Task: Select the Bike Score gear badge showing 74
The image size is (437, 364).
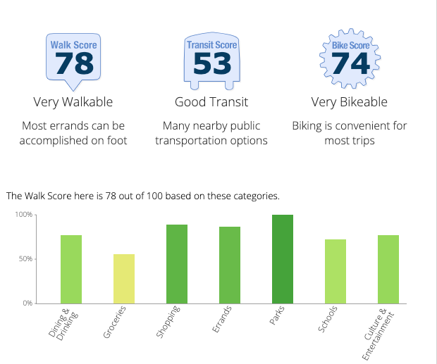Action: (350, 58)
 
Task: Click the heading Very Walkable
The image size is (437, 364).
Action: (73, 102)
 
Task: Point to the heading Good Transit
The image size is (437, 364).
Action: (211, 102)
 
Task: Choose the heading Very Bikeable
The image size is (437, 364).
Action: (350, 102)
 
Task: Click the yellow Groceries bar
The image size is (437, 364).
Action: (124, 279)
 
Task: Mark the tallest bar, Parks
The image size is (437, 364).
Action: (283, 259)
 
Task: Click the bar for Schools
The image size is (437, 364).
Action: (336, 271)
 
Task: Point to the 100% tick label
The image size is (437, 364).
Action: (24, 214)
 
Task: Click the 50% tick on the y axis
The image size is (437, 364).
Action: (25, 259)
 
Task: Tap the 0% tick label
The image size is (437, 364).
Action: (27, 303)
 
